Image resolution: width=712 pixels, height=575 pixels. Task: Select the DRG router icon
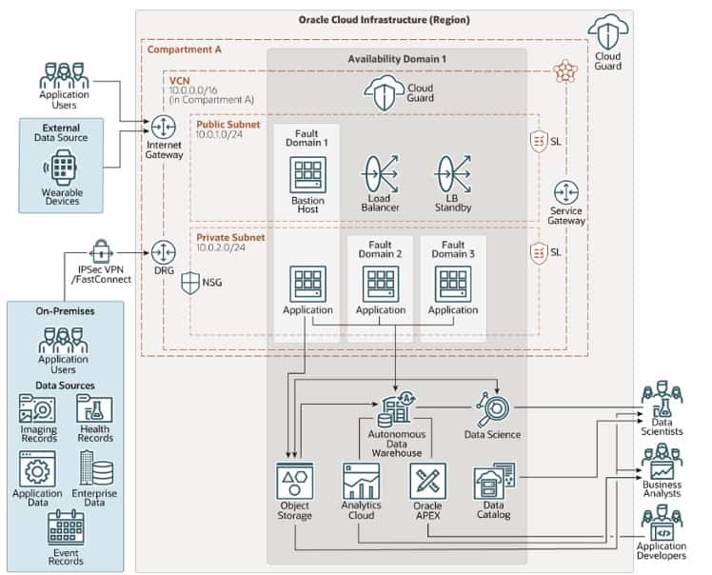coord(163,252)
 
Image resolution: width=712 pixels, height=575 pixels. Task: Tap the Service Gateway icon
coord(566,191)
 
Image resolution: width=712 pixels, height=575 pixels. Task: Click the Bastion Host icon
coord(308,175)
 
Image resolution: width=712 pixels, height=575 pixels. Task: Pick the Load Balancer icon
coord(380,174)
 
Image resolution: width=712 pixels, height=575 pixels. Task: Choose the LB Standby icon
coord(452,174)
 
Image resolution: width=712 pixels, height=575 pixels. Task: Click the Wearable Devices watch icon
coord(64,168)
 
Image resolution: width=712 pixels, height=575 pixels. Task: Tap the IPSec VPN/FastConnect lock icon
coord(100,251)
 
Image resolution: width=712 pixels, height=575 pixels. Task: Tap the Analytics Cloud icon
coord(361,482)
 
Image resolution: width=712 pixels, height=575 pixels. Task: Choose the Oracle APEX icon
coord(427,482)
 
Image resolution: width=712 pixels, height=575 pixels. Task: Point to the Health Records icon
coord(94,409)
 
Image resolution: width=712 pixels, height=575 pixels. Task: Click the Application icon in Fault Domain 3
coord(452,284)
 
